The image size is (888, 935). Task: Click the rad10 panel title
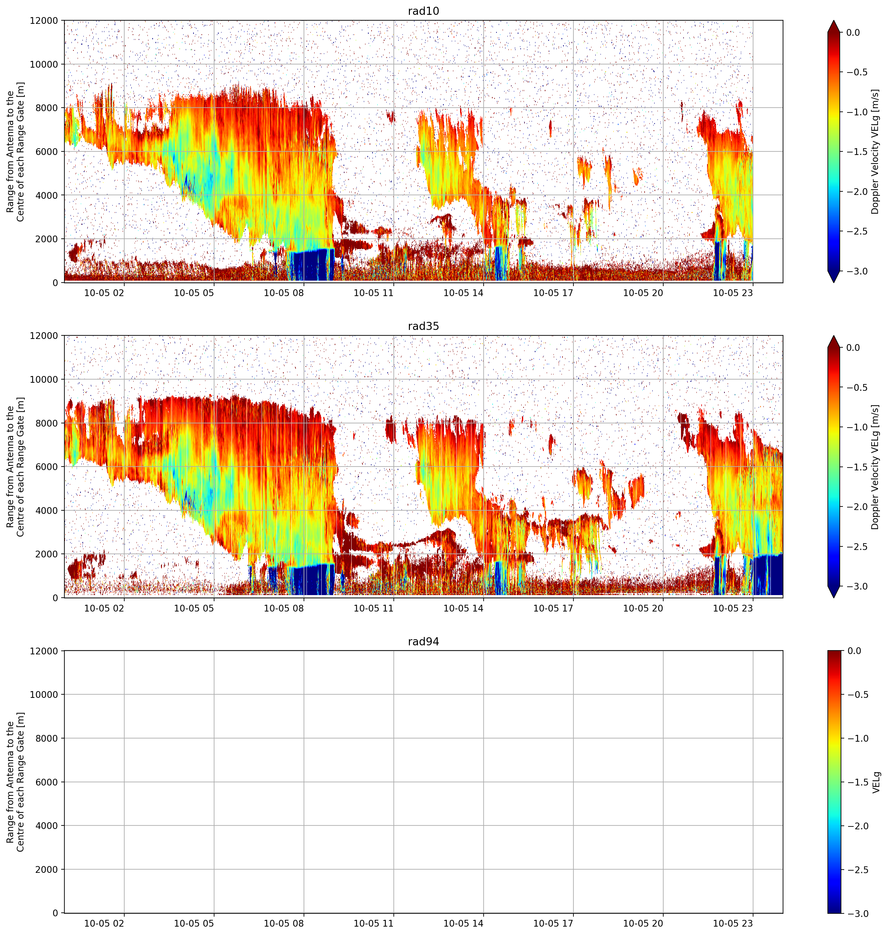pos(423,11)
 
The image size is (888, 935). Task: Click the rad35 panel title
pos(423,326)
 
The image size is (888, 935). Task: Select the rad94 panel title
pos(423,642)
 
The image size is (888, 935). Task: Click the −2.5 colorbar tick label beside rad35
pos(856,547)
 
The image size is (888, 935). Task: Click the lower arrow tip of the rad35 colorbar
pos(834,598)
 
